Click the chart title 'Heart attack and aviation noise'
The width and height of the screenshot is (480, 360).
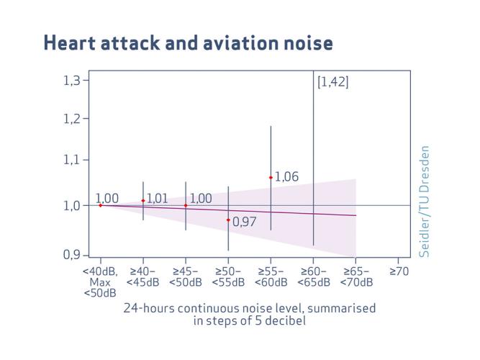[188, 43]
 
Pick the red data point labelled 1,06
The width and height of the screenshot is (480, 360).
[271, 177]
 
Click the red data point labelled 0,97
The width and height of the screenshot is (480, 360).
[228, 220]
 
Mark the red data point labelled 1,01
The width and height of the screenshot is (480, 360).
[143, 201]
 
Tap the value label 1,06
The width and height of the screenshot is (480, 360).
[286, 177]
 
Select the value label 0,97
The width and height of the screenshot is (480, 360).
[245, 222]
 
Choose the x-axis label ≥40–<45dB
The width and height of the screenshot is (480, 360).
[143, 277]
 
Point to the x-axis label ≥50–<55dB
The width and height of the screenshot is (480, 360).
[228, 277]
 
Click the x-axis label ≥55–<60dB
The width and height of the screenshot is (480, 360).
[271, 277]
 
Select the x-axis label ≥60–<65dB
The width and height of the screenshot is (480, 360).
[313, 277]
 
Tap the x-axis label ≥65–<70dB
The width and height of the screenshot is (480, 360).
[356, 277]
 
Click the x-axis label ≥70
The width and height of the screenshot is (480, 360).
[399, 272]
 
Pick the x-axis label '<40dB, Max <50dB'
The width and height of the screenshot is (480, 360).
[100, 282]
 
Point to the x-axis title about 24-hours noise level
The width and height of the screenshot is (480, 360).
[250, 314]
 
